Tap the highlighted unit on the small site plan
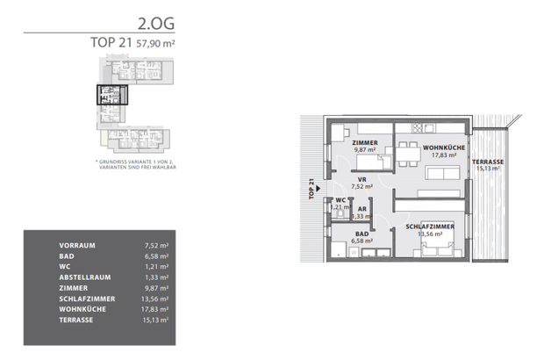click(112, 96)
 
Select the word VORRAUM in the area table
click(77, 245)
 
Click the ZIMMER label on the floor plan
click(364, 142)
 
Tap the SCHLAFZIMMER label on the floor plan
click(428, 227)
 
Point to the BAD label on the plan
click(361, 234)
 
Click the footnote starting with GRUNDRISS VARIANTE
click(136, 164)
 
